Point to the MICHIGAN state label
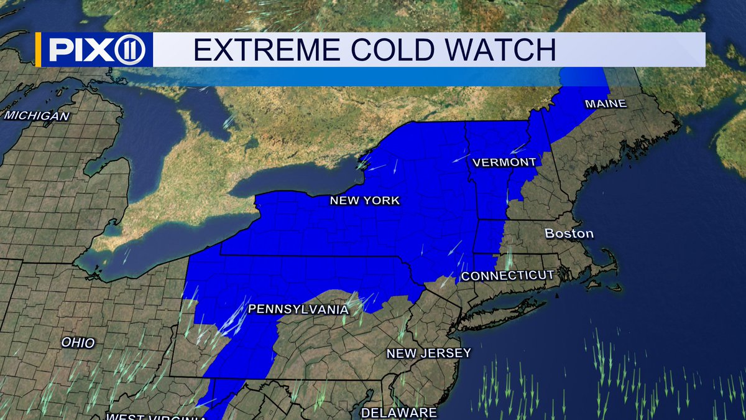[x=37, y=116]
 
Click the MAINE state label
[x=605, y=104]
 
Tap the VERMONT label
[x=504, y=162]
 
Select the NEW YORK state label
[x=365, y=200]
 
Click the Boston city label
[x=569, y=234]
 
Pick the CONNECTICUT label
[x=507, y=275]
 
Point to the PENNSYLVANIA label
[x=298, y=309]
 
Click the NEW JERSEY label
[x=428, y=353]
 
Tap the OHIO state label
[x=78, y=342]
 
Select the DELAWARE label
[x=398, y=413]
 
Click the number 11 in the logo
[x=129, y=49]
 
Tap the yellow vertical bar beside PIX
[x=39, y=49]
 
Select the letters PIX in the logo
[x=78, y=49]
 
